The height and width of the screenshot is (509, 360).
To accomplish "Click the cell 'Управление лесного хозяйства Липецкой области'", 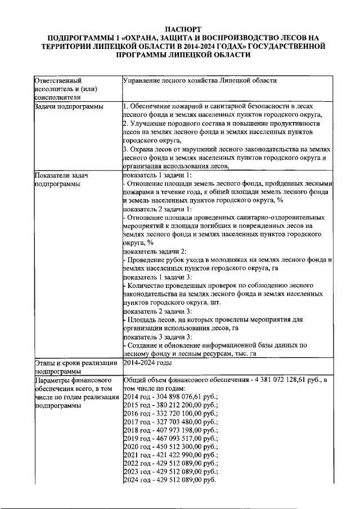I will click(x=200, y=80).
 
